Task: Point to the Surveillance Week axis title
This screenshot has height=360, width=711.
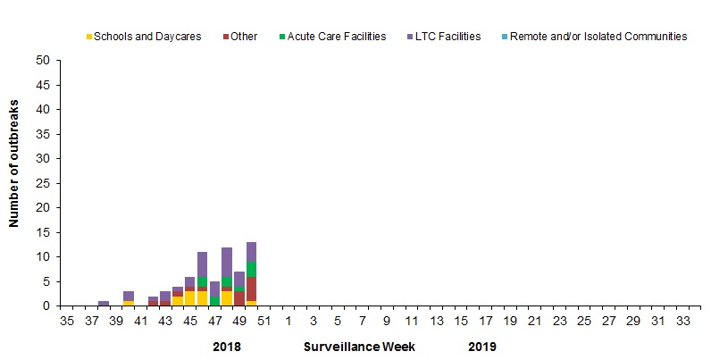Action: click(x=359, y=346)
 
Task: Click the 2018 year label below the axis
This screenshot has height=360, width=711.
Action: click(x=227, y=346)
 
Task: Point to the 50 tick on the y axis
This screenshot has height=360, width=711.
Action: click(x=43, y=61)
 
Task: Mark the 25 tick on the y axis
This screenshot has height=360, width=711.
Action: click(x=43, y=183)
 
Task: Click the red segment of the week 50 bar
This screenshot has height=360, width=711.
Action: click(x=251, y=289)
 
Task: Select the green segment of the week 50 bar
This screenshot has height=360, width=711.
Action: click(x=251, y=269)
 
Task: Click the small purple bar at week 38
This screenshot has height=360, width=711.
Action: click(x=104, y=303)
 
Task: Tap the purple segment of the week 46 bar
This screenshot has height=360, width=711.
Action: click(x=202, y=264)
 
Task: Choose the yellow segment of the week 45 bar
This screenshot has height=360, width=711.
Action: click(x=189, y=298)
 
